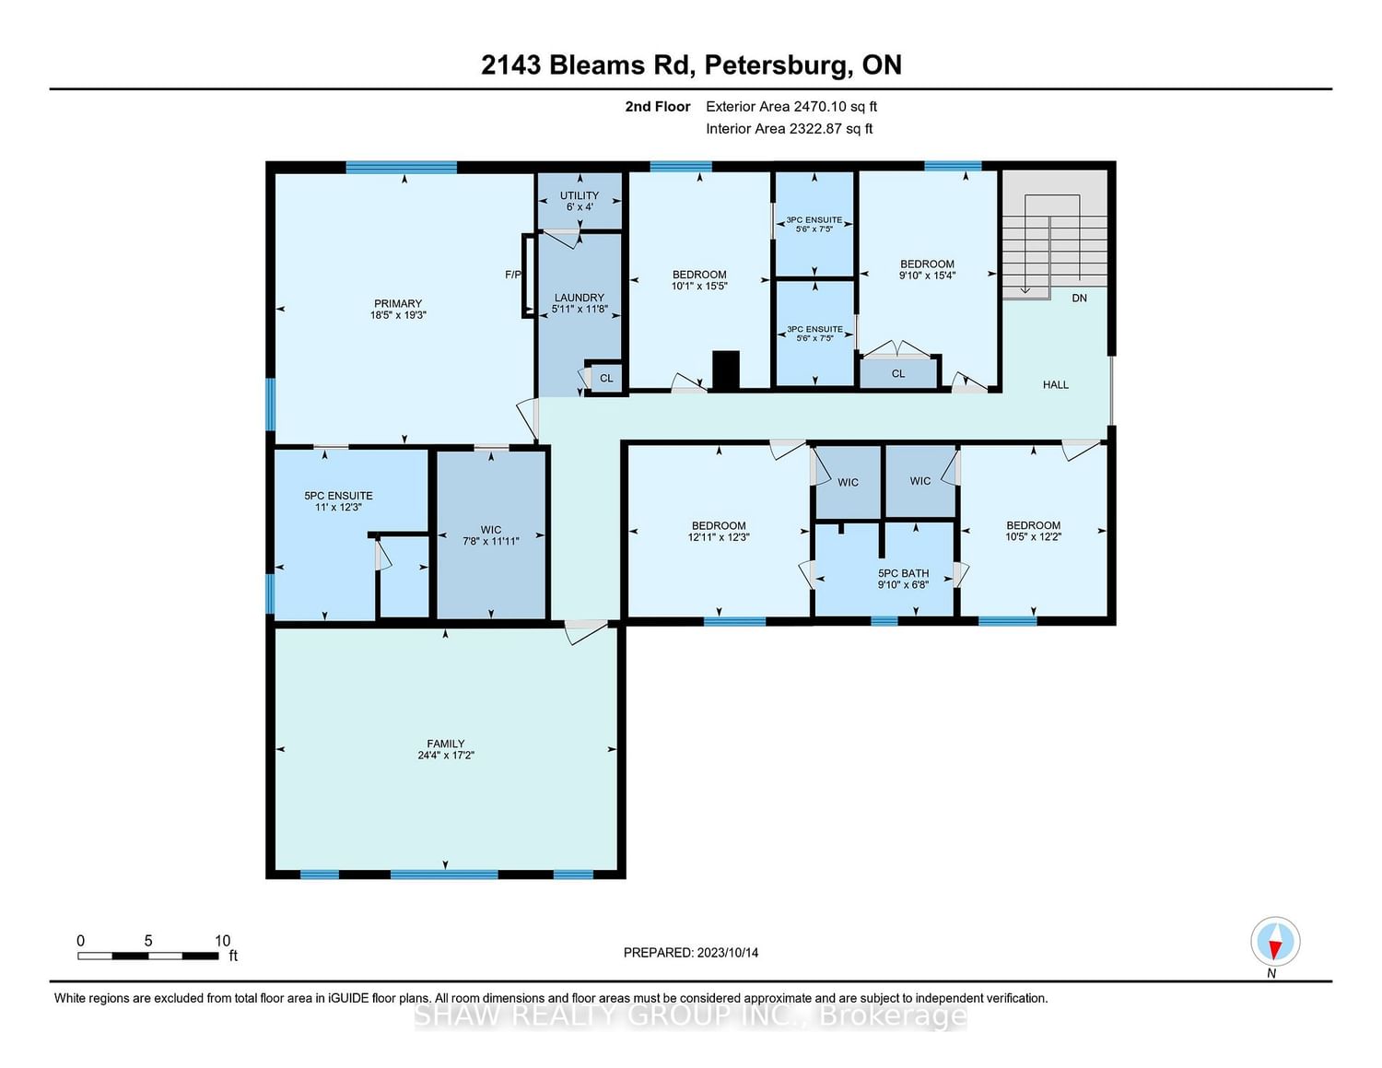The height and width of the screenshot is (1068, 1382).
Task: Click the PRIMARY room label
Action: [x=397, y=303]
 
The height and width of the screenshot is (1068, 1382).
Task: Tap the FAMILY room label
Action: [x=445, y=744]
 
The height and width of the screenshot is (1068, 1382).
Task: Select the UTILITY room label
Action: [x=580, y=195]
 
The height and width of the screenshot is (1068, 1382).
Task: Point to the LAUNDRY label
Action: [x=579, y=298]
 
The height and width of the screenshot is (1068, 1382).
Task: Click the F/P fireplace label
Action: [x=512, y=275]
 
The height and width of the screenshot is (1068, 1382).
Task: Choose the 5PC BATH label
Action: [x=903, y=573]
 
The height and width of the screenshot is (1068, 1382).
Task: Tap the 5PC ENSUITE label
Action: [x=338, y=496]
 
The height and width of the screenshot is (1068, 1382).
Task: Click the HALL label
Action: [x=1055, y=385]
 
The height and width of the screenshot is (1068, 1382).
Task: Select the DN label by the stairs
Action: [x=1079, y=298]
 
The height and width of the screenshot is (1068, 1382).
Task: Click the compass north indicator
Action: [x=1275, y=942]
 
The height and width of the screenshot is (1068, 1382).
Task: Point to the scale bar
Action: [x=148, y=956]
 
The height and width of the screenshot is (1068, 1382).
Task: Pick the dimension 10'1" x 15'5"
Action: [x=699, y=287]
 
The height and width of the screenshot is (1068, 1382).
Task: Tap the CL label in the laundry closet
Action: [x=606, y=378]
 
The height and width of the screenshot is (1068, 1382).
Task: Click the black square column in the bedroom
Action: [x=726, y=370]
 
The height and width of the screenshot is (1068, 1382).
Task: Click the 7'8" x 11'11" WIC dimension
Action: [x=490, y=541]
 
